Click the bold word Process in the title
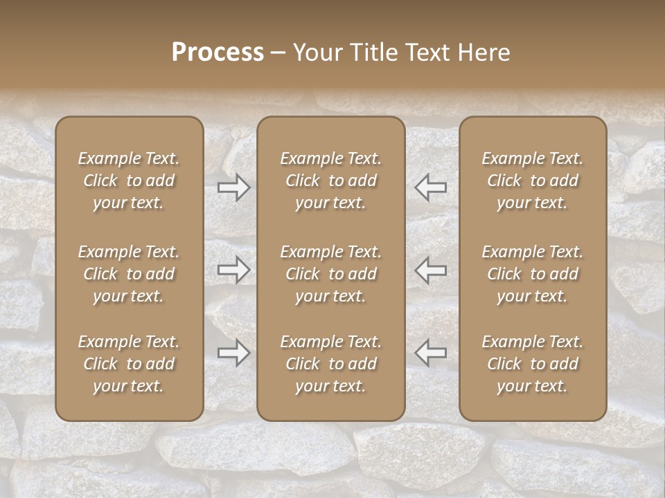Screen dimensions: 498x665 [218, 53]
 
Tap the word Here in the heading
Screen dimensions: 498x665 [484, 53]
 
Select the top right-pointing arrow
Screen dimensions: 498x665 [234, 187]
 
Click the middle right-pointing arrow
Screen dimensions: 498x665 [234, 270]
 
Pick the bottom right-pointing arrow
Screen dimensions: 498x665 [234, 353]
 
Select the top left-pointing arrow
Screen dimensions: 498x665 [431, 187]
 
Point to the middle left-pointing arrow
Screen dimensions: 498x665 [431, 270]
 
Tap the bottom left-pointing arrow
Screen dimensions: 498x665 [431, 353]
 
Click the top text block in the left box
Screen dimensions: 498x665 [129, 181]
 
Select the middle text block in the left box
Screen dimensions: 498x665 [129, 274]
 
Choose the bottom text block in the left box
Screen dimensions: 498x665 [129, 364]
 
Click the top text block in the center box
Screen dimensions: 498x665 [331, 181]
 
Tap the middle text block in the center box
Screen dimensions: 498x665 [331, 274]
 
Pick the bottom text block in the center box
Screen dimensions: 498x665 [331, 364]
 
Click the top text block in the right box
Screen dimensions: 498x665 [533, 181]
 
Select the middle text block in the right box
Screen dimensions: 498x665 [533, 274]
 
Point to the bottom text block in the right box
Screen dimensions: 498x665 [533, 364]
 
